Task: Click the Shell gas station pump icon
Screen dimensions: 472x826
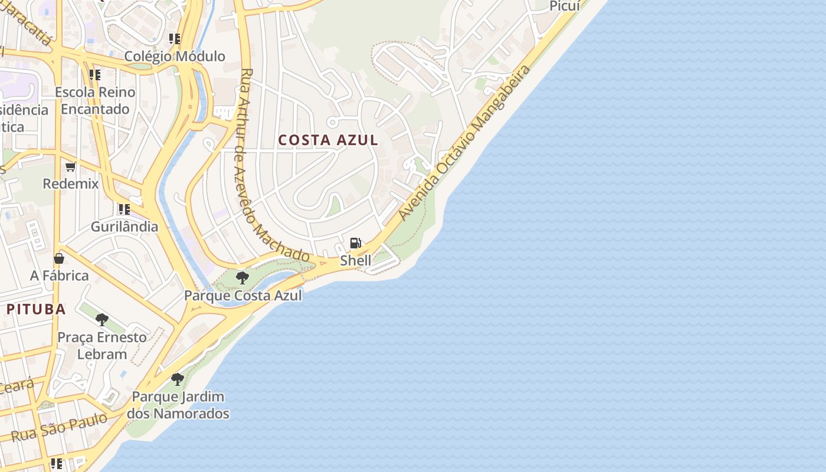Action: coord(355,242)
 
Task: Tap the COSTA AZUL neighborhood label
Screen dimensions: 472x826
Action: coord(328,140)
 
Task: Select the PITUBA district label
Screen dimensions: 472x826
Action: coord(36,309)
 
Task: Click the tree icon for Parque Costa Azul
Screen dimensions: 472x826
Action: coord(242,277)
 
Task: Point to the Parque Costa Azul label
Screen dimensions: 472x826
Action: coord(243,295)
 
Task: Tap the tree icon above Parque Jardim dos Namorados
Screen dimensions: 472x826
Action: coord(177,379)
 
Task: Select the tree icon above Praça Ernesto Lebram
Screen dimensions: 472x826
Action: coord(102,320)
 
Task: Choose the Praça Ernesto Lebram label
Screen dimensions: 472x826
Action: coord(102,346)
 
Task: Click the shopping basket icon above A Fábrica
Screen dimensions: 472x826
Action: coord(59,258)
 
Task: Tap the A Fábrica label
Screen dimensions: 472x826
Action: coord(60,276)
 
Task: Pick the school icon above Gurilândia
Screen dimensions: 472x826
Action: coord(124,209)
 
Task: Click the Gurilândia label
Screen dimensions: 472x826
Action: coord(124,227)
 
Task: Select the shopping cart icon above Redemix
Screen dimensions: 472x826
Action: coord(71,166)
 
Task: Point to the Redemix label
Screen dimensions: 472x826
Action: coord(71,183)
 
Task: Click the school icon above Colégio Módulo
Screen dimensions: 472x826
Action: coord(174,39)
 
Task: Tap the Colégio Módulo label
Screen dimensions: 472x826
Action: coord(175,57)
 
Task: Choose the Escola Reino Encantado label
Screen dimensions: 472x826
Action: coord(95,100)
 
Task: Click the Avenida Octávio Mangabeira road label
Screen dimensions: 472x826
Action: coord(465,143)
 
